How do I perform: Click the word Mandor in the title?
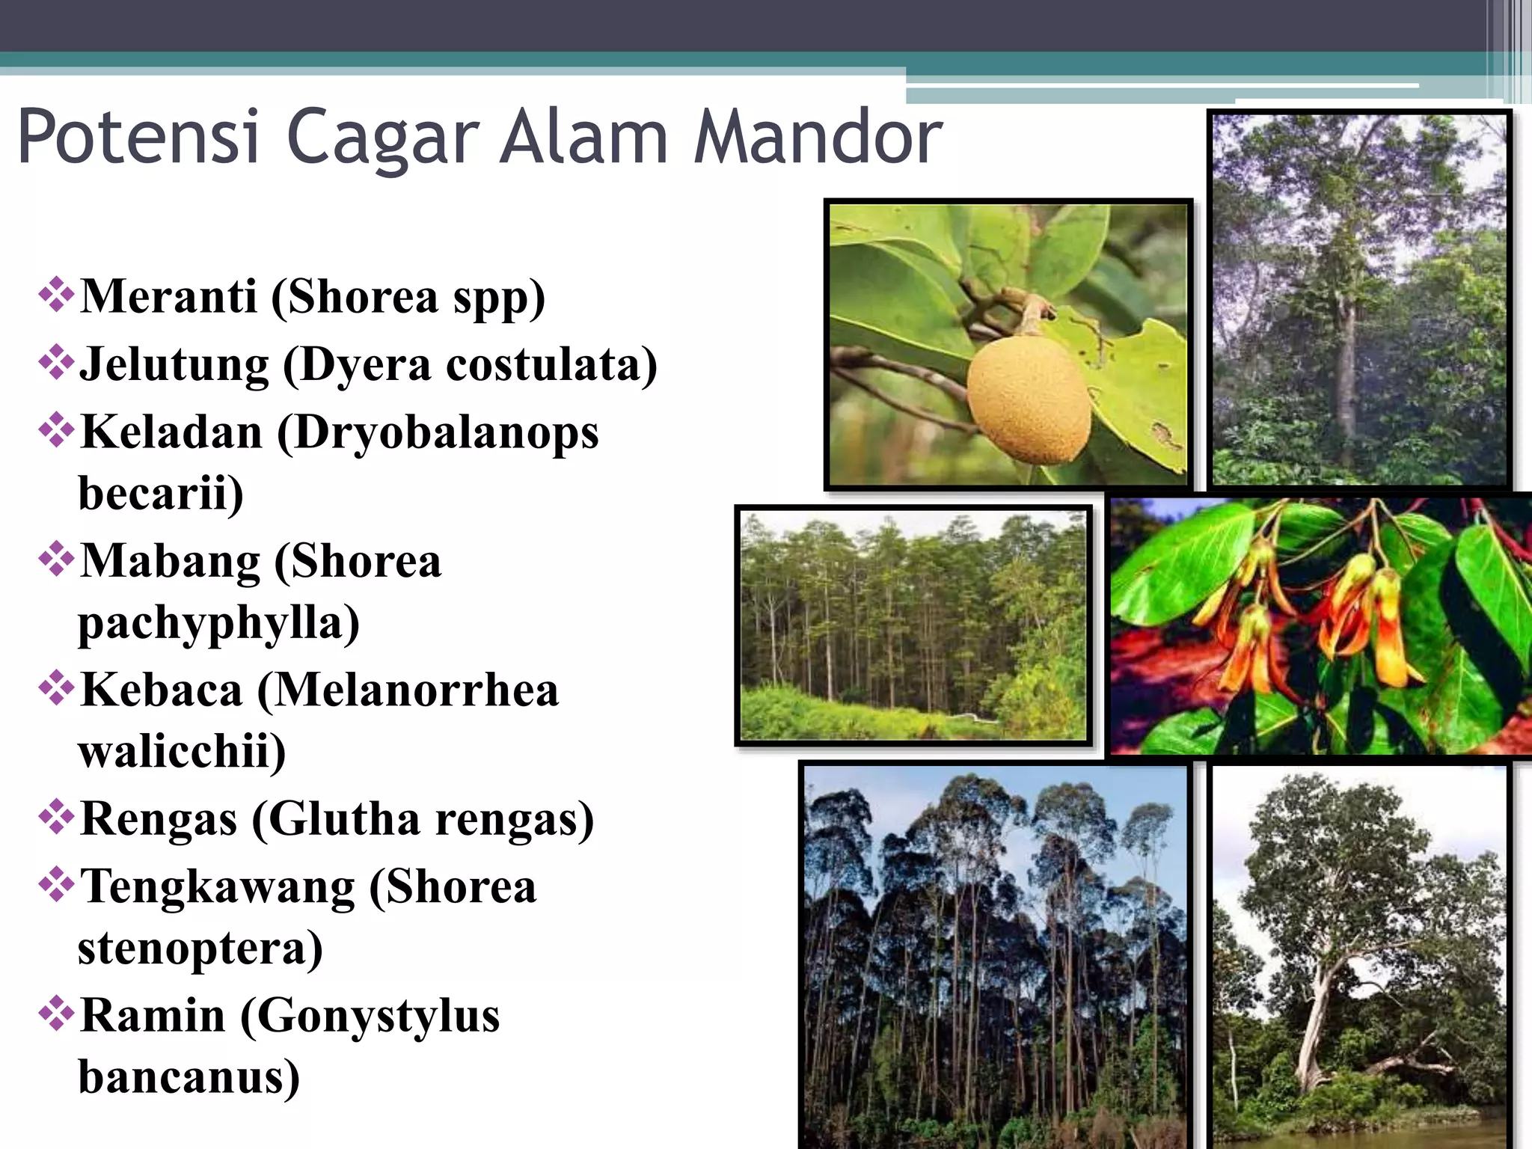pyautogui.click(x=818, y=137)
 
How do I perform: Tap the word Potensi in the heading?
pyautogui.click(x=139, y=137)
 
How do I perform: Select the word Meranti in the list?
pyautogui.click(x=168, y=296)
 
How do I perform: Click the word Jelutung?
pyautogui.click(x=174, y=365)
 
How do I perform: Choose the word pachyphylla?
pyautogui.click(x=218, y=622)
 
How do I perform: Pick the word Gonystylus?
pyautogui.click(x=370, y=1017)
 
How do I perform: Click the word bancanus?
pyautogui.click(x=189, y=1077)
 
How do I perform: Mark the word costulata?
pyautogui.click(x=552, y=365)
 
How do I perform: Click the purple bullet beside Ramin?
pyautogui.click(x=56, y=1014)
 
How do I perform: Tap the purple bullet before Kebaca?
pyautogui.click(x=56, y=688)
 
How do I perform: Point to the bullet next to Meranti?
pyautogui.click(x=56, y=295)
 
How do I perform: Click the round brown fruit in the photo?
pyautogui.click(x=1028, y=398)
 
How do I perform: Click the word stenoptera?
pyautogui.click(x=200, y=949)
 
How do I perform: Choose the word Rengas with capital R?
pyautogui.click(x=159, y=819)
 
